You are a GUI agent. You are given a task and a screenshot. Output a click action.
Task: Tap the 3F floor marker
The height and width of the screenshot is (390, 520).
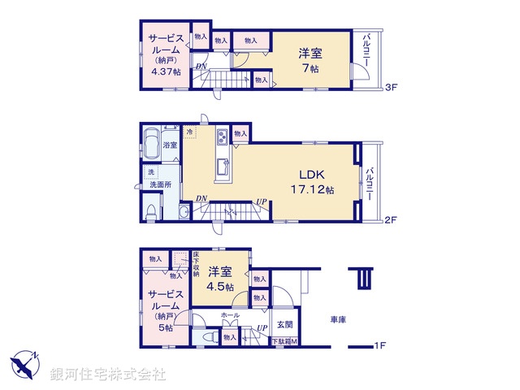click(391, 87)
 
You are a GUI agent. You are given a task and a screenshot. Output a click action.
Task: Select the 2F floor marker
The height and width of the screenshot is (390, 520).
click(390, 219)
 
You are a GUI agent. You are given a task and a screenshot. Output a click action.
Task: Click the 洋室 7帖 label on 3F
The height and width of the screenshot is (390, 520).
click(310, 60)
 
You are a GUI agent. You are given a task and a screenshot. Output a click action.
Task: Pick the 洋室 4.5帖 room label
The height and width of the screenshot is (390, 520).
click(219, 279)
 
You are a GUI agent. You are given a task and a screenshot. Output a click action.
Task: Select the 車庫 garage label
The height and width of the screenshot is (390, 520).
click(339, 319)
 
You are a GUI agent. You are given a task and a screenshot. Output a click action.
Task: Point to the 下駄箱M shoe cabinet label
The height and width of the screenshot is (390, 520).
click(284, 341)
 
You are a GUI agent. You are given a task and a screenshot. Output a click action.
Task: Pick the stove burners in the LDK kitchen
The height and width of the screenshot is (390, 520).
click(222, 136)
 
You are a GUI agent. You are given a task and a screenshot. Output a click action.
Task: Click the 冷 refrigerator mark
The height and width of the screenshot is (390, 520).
click(190, 131)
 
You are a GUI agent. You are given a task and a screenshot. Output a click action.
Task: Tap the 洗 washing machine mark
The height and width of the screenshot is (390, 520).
click(151, 171)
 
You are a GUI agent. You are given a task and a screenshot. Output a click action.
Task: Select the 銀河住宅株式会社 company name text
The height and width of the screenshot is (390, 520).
click(108, 374)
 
